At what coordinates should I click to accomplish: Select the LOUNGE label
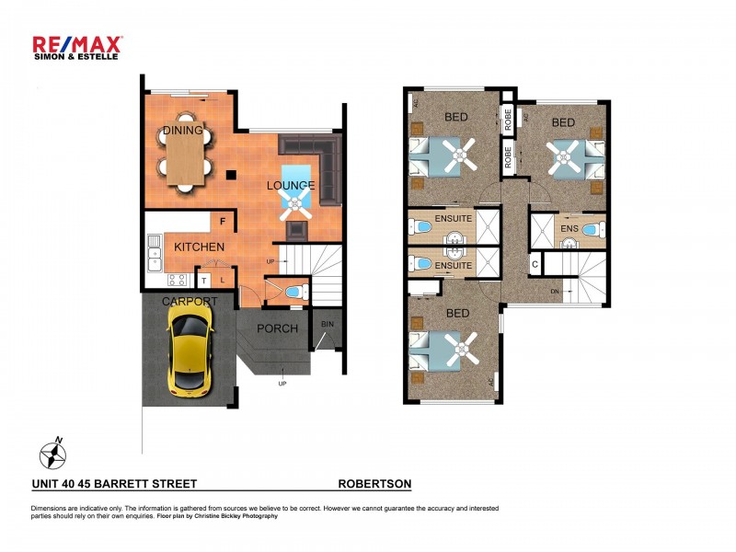(x=291, y=186)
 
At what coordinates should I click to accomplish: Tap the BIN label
(x=328, y=325)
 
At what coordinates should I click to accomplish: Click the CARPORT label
(x=190, y=302)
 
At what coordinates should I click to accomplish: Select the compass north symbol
(x=52, y=454)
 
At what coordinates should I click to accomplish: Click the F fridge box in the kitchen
(x=222, y=221)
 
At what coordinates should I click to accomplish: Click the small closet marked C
(x=535, y=265)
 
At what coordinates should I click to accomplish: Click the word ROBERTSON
(x=374, y=483)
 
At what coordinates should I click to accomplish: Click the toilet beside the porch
(x=292, y=292)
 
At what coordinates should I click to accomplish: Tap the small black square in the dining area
(x=233, y=174)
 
